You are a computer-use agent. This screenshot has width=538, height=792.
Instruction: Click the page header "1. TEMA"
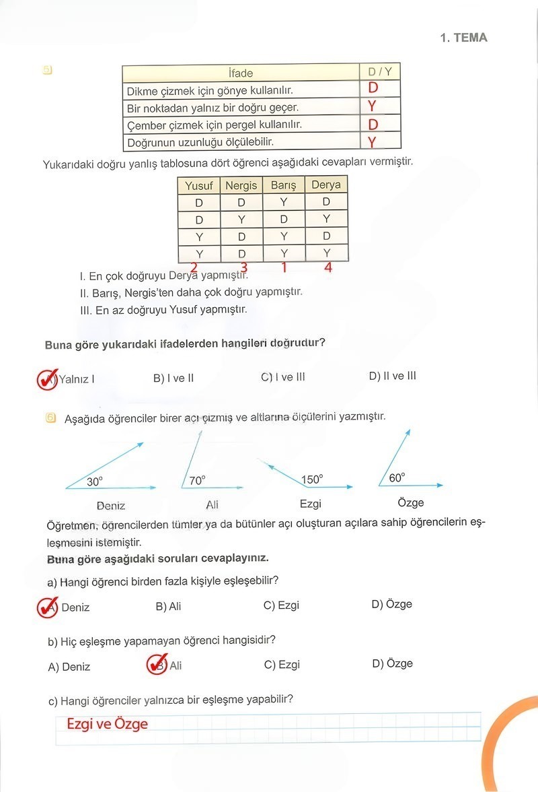click(463, 38)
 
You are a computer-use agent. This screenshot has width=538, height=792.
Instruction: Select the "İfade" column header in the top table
click(241, 73)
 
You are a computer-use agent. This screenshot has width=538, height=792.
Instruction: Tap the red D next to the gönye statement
click(373, 88)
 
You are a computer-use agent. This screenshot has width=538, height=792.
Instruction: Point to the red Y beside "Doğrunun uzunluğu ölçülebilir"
click(371, 141)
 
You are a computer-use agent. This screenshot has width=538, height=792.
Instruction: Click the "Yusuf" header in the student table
click(198, 185)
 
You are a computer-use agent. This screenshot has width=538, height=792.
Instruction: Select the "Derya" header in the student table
click(326, 185)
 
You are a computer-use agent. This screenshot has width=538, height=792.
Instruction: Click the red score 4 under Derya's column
click(328, 267)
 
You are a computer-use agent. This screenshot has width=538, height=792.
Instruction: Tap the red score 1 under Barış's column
click(284, 268)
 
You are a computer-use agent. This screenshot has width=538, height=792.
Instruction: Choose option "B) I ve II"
click(174, 378)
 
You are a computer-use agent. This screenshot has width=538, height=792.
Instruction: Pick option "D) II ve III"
click(392, 376)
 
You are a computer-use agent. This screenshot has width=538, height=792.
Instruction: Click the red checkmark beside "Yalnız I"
click(47, 378)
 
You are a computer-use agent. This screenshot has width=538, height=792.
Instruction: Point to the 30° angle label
click(95, 482)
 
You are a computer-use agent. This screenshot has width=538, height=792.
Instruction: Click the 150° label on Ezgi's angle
click(312, 480)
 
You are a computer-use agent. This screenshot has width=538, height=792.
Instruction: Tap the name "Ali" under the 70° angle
click(212, 504)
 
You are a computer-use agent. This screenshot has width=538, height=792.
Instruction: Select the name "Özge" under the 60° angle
click(411, 502)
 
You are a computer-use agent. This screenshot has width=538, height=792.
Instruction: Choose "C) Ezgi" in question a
click(281, 605)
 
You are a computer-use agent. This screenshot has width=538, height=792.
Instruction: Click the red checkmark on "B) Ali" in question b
click(157, 665)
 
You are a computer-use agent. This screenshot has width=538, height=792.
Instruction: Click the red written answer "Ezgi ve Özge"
click(107, 725)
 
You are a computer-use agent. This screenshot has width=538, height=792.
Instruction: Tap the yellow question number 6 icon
click(50, 418)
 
